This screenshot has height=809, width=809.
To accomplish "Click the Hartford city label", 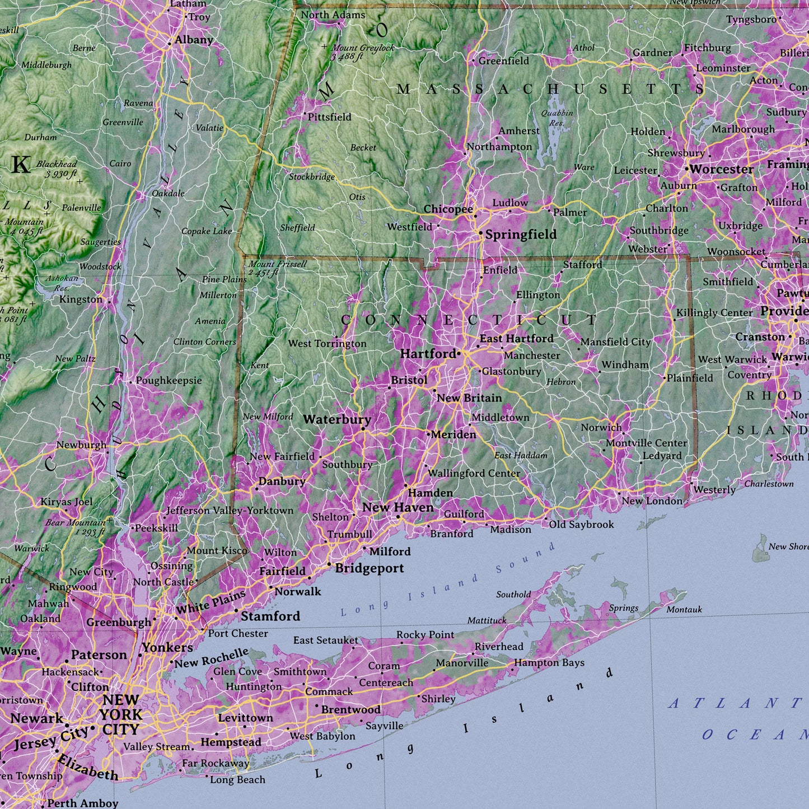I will point(428,354).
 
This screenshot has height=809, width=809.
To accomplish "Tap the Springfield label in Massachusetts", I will point(521,235).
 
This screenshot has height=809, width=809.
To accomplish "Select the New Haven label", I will point(398,507).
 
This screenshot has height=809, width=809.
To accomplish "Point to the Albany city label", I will point(193,40).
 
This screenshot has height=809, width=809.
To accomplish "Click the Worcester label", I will point(721,169).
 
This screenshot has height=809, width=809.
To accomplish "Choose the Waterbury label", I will point(337,419).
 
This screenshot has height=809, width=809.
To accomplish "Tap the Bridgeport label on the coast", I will point(370,568).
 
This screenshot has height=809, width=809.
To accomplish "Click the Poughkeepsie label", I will point(169,381).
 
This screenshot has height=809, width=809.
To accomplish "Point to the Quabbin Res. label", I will point(557,118).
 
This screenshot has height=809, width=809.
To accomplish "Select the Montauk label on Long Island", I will point(684,609).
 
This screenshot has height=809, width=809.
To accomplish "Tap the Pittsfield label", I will point(330,117).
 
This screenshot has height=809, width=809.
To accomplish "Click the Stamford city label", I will point(270,616).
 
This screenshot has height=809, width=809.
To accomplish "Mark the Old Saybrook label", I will point(581,525).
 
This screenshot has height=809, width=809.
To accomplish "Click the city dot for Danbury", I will point(256,489).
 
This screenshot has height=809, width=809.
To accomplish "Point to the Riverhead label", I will point(499,647).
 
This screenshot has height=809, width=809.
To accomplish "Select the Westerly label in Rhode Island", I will point(714,490).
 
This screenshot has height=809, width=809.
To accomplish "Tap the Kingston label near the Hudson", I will point(81,300).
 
